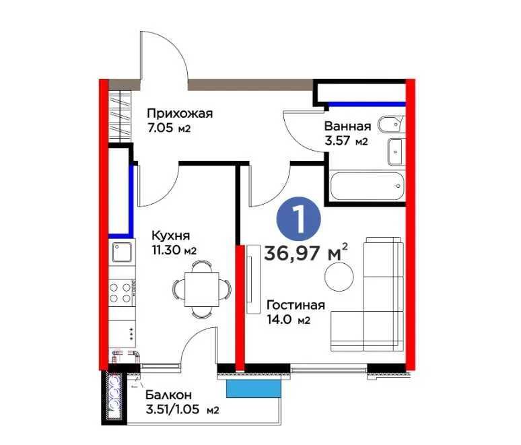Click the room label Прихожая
click(180, 114)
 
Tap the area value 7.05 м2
click(169, 128)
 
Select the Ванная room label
click(347, 127)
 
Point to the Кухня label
click(171, 236)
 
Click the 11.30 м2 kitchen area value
click(174, 250)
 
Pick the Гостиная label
click(296, 305)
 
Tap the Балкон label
click(168, 395)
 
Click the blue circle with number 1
click(299, 219)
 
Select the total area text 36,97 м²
click(306, 252)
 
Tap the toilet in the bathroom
click(391, 125)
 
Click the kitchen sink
click(122, 252)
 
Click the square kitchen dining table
click(202, 289)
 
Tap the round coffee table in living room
click(339, 277)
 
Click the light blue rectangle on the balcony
click(254, 388)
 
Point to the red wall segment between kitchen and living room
click(240, 308)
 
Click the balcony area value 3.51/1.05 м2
click(182, 409)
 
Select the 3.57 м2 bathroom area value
click(346, 141)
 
